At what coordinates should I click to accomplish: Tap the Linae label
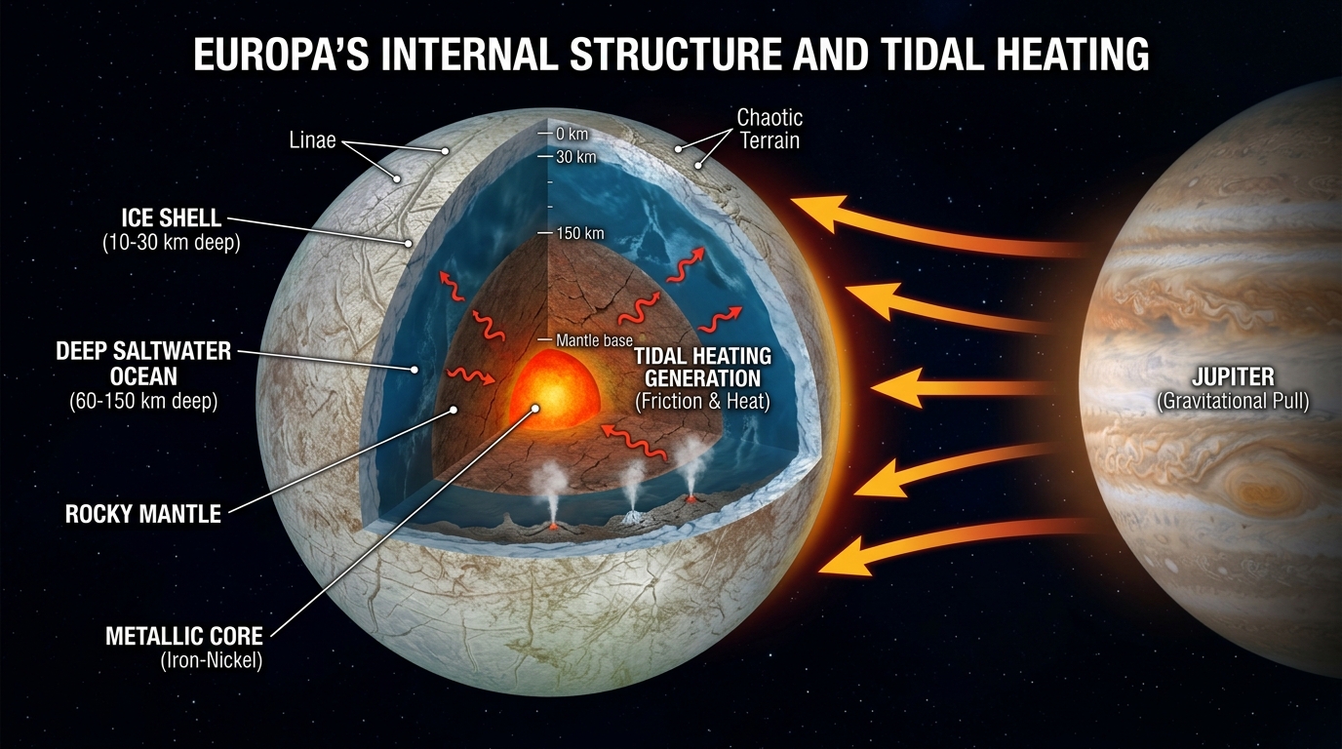point(312,140)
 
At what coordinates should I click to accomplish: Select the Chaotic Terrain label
point(770,129)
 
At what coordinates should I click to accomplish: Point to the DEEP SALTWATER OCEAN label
point(142,362)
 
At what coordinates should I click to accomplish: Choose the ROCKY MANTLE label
point(143,513)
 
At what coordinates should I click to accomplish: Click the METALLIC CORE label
point(184,637)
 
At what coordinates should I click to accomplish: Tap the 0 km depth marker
point(572,133)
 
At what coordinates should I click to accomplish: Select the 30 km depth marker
point(575,157)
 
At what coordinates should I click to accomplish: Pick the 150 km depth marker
point(580,233)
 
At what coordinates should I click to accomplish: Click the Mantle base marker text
point(594,340)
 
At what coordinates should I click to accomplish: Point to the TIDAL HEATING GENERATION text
point(702,367)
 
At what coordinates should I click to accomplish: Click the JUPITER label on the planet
point(1233,376)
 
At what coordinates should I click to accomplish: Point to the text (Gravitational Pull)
point(1233,401)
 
